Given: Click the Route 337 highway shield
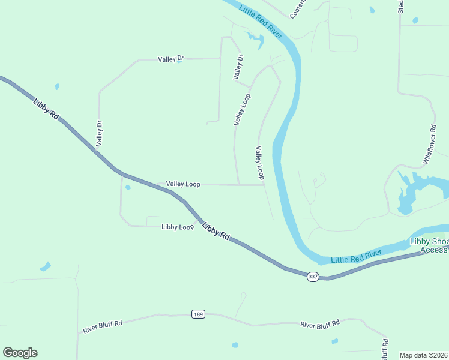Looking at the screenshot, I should point(313,277).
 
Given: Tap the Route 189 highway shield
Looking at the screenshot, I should point(199,314).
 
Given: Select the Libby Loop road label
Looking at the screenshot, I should point(177,227).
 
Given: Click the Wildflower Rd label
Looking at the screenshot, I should point(429,145).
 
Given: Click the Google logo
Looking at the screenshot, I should point(20,353).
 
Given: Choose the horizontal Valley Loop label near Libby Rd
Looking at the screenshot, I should point(183,184).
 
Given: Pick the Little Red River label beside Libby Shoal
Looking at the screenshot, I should point(357,256).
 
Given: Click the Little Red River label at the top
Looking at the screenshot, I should point(261,19).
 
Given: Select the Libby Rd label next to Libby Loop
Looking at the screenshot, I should point(216,231).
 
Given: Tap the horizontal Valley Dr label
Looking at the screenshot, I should point(170,59).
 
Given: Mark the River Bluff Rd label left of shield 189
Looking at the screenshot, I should point(103,327).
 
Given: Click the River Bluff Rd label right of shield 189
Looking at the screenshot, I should point(320,324).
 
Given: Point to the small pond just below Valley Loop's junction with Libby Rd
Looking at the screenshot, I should point(128,187).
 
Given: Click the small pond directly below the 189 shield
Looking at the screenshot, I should point(235,345).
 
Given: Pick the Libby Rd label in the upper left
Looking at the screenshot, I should point(46,110).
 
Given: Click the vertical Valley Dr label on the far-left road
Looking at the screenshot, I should point(100,133).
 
